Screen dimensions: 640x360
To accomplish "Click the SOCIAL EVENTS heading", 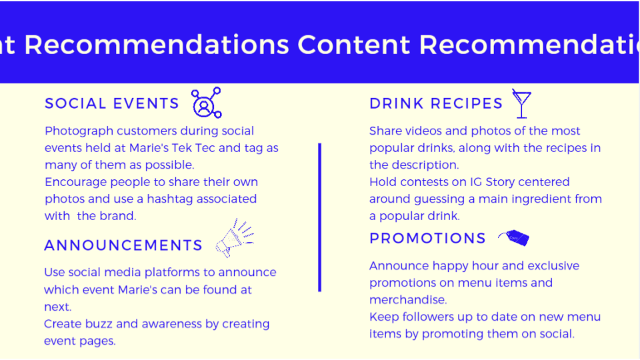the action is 112,104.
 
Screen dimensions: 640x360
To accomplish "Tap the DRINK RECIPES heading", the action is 436,104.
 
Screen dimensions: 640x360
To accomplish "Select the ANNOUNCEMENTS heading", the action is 123,245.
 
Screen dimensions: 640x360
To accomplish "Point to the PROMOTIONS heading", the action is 427,239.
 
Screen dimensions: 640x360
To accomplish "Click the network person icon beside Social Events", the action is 206,103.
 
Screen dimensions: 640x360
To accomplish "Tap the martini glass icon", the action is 521,104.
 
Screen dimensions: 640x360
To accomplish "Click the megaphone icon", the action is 234,239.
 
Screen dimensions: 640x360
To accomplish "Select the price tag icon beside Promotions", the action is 513,237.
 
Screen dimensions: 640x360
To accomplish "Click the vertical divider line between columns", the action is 319,217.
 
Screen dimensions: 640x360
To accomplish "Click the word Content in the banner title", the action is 353,45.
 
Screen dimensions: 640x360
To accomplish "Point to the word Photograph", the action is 79,131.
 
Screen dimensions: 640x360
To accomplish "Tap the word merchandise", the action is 408,300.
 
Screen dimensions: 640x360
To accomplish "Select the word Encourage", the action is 75,183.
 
